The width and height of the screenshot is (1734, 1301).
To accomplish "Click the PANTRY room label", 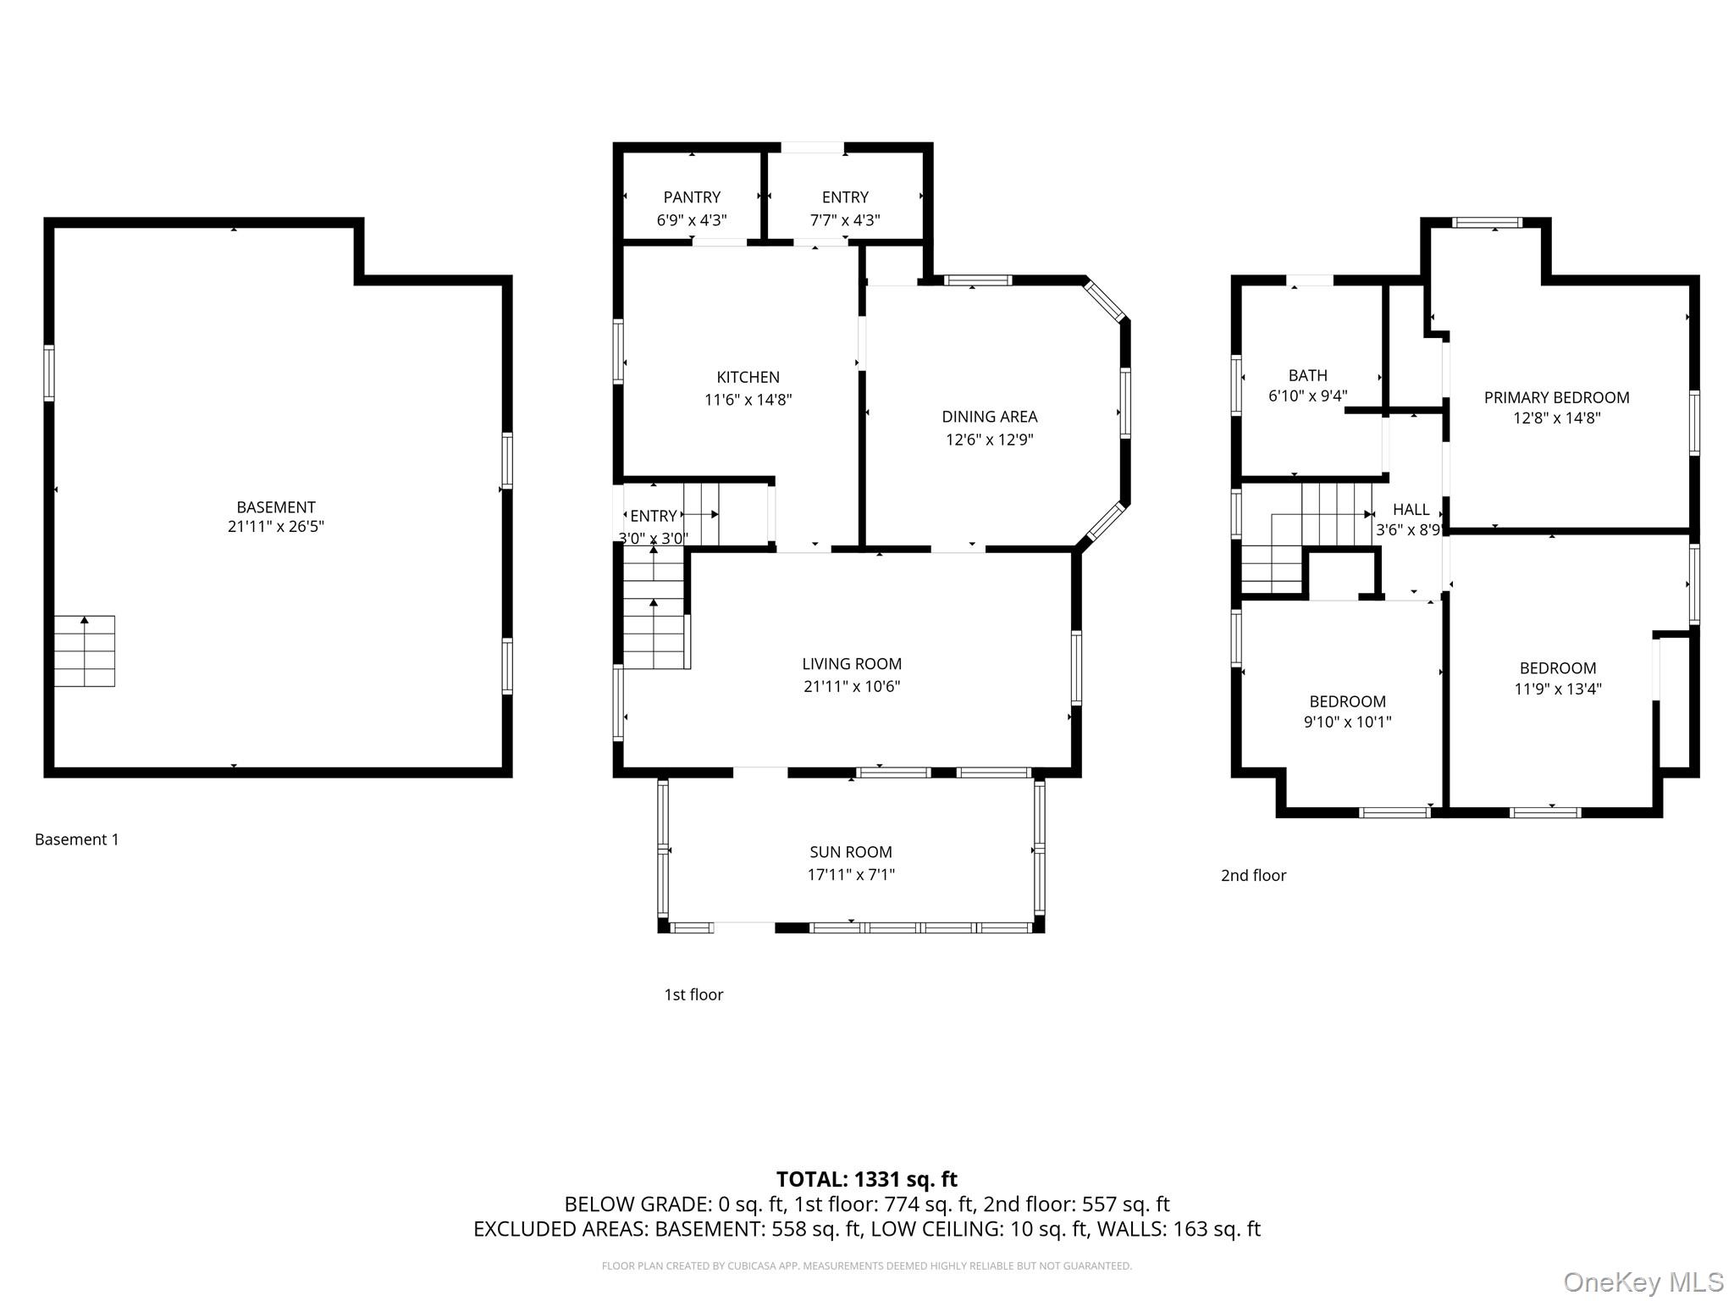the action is pos(692,197).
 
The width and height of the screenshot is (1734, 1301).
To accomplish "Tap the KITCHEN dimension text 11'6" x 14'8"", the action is pos(748,400).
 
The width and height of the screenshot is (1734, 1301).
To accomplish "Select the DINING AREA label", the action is pos(990,417).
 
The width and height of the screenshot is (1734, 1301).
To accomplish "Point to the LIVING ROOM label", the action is pos(852,664).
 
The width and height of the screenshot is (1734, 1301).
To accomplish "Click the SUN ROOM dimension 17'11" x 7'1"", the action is pos(851,875).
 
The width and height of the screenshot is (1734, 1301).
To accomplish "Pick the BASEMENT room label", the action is pos(276,507).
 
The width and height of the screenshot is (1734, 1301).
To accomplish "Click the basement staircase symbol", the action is pos(85,650).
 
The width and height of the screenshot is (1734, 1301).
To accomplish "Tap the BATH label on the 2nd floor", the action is pos(1308,375).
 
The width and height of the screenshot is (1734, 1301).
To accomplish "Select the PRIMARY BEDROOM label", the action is pos(1557,397).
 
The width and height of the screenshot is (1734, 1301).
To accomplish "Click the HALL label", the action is pos(1411,509).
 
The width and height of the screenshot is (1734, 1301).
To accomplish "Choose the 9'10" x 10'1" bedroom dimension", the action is pos(1348,722).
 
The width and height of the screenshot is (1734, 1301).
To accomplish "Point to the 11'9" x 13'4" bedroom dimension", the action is pos(1558,689).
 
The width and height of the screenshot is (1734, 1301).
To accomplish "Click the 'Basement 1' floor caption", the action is pos(77,839).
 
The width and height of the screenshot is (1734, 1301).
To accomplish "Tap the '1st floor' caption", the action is pos(693,994).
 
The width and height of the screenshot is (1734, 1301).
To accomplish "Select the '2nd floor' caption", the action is pos(1253,876).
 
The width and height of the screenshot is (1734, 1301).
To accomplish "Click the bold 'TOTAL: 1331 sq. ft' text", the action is pos(867,1179).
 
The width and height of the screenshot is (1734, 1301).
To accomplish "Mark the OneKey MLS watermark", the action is pos(1643,1282).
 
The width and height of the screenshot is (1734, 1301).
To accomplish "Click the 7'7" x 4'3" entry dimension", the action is pos(845,220).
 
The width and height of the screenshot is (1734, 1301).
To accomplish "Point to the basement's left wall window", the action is pos(49,373).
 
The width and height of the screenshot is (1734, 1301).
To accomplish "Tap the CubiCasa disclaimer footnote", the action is pos(867,1266).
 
